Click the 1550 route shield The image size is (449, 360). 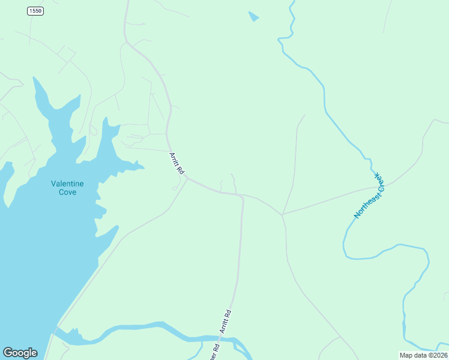click(35, 11)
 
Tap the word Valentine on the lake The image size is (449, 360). click(67, 184)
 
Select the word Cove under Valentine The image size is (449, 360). click(67, 192)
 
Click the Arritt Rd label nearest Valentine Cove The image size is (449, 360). click(176, 163)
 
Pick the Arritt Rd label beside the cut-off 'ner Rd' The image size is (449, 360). click(225, 321)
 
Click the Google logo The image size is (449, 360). click(20, 353)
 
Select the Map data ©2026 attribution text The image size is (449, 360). click(423, 355)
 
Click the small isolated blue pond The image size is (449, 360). click(253, 16)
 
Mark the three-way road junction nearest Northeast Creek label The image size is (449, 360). click(282, 214)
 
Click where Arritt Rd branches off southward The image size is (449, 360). click(243, 196)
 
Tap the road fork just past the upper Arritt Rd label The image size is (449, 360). click(188, 178)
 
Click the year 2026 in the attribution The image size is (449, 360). click(439, 355)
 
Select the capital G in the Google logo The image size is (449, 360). click(8, 353)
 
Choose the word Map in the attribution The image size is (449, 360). click(406, 355)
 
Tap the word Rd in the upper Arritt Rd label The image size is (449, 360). click(180, 169)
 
